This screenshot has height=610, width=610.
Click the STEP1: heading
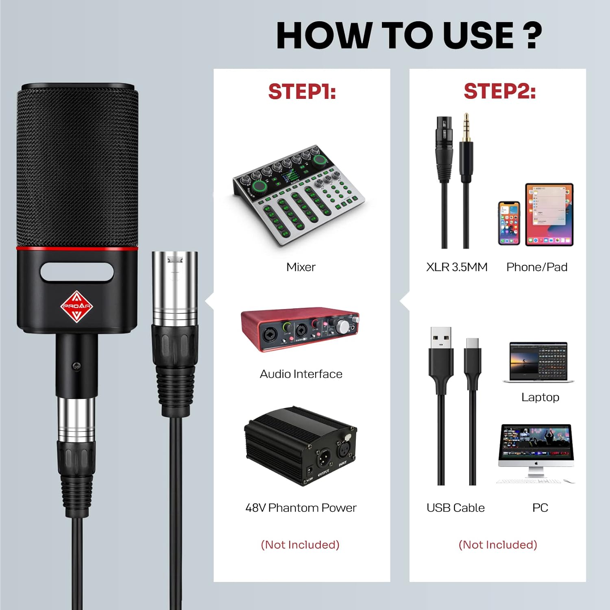click(302, 91)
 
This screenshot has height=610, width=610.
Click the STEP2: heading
click(499, 91)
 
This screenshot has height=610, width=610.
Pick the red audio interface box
click(300, 329)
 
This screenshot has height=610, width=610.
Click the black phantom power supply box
click(300, 445)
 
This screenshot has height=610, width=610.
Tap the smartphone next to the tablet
click(509, 223)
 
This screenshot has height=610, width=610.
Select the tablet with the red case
click(549, 214)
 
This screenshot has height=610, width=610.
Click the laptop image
click(538, 362)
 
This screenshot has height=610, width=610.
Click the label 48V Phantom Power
click(301, 508)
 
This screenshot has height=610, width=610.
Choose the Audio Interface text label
click(301, 374)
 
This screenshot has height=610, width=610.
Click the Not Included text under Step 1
click(300, 545)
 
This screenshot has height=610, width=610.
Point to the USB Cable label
click(455, 508)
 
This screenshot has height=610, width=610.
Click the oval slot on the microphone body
click(77, 272)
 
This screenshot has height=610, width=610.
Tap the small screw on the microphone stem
click(76, 366)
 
